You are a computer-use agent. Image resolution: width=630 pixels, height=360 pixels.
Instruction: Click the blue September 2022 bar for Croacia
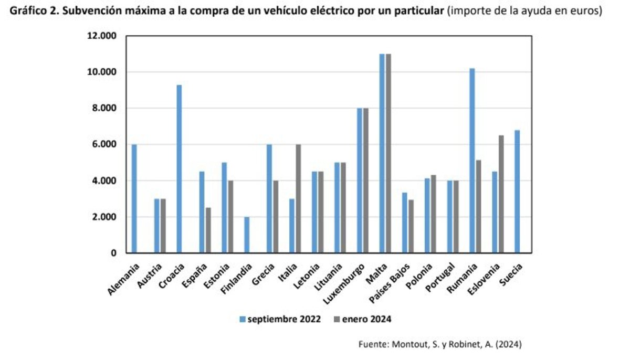pos(180,169)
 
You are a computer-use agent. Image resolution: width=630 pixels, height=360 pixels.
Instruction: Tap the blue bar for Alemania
pos(134,199)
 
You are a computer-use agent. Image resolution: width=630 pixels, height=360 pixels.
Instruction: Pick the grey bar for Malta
pos(388,153)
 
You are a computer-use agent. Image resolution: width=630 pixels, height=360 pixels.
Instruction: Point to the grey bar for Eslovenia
pos(501,194)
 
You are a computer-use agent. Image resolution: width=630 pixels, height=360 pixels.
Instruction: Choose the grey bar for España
pos(208,230)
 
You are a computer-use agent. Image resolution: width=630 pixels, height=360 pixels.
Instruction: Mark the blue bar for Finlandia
pos(247,235)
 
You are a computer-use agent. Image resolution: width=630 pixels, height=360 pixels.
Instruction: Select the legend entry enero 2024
pos(362,319)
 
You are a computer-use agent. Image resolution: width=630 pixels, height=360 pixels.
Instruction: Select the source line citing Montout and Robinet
pos(440,344)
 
